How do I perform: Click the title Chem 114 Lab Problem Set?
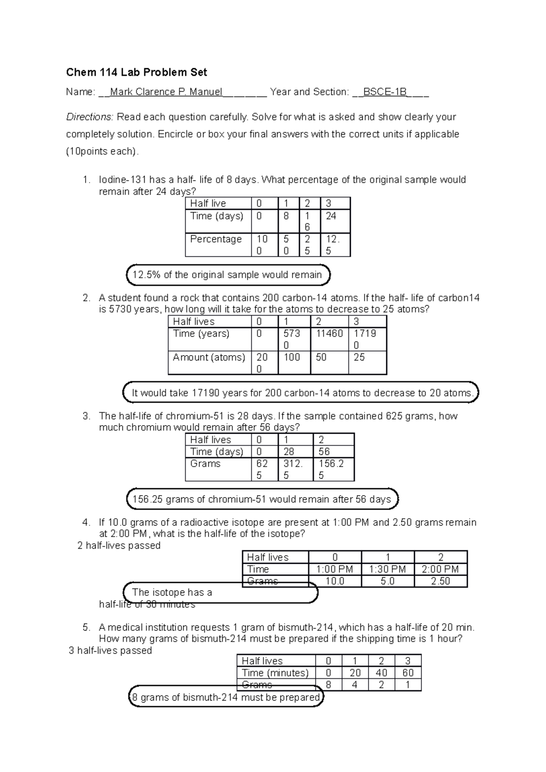136,72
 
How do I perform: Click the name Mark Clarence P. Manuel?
166,92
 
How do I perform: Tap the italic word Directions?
89,117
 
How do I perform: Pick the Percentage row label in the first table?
216,239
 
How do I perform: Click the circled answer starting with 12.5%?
227,275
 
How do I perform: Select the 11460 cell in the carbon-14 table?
329,334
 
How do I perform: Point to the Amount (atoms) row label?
209,357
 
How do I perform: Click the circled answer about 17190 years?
300,393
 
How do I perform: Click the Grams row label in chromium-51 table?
205,464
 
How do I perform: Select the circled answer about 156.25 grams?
262,500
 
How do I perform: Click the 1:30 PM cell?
387,569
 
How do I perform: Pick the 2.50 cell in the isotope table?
440,582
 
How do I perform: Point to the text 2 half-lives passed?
119,546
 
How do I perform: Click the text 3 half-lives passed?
110,651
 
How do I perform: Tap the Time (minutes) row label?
275,673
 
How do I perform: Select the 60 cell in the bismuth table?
408,673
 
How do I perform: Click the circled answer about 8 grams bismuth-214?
226,697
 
